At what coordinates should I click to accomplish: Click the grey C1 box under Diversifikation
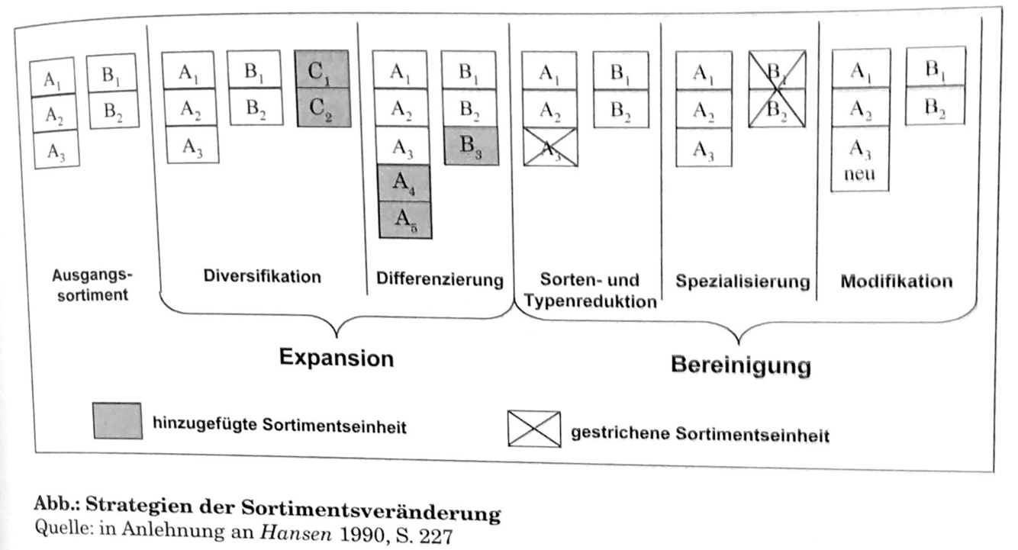323,69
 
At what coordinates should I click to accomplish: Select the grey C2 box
323,108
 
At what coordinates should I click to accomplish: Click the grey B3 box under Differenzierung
469,145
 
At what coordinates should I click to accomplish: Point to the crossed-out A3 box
550,147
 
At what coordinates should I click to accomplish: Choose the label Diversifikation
262,277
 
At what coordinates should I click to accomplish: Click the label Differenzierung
440,279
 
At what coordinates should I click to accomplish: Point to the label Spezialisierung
742,281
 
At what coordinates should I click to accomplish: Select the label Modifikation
896,281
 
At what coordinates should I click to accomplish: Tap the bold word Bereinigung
739,365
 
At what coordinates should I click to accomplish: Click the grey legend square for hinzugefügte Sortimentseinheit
117,420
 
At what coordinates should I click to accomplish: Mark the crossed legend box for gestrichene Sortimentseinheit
533,429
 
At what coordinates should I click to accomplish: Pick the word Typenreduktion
591,301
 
